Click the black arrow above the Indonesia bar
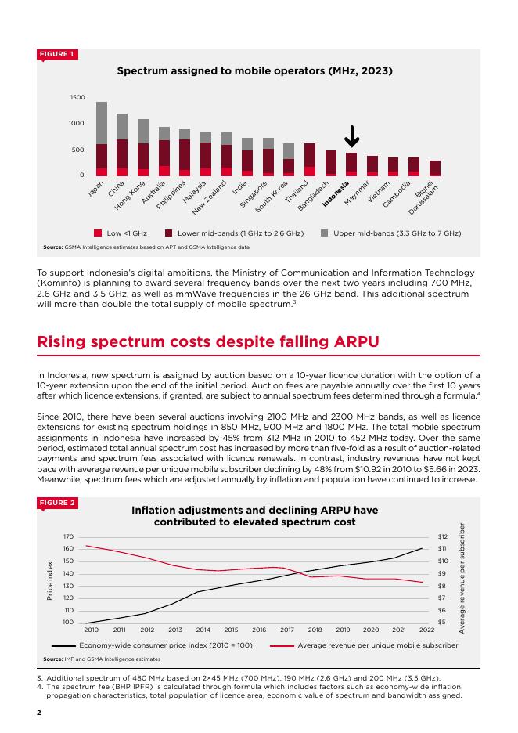click(x=351, y=136)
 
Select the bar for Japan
click(x=102, y=139)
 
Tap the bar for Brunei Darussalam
click(x=435, y=168)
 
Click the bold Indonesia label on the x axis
click(x=336, y=194)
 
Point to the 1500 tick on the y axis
click(x=77, y=97)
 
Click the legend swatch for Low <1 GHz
click(x=98, y=233)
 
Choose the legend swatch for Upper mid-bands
click(x=324, y=233)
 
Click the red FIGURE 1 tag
click(x=57, y=54)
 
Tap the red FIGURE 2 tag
click(x=57, y=503)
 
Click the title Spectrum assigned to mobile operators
click(x=254, y=71)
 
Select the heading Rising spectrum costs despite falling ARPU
click(x=208, y=341)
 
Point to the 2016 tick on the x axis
click(x=259, y=630)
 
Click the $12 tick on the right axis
click(x=442, y=536)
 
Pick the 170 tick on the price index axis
click(x=68, y=536)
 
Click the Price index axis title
click(x=49, y=580)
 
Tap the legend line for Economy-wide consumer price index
click(x=63, y=645)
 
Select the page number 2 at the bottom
click(x=39, y=713)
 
